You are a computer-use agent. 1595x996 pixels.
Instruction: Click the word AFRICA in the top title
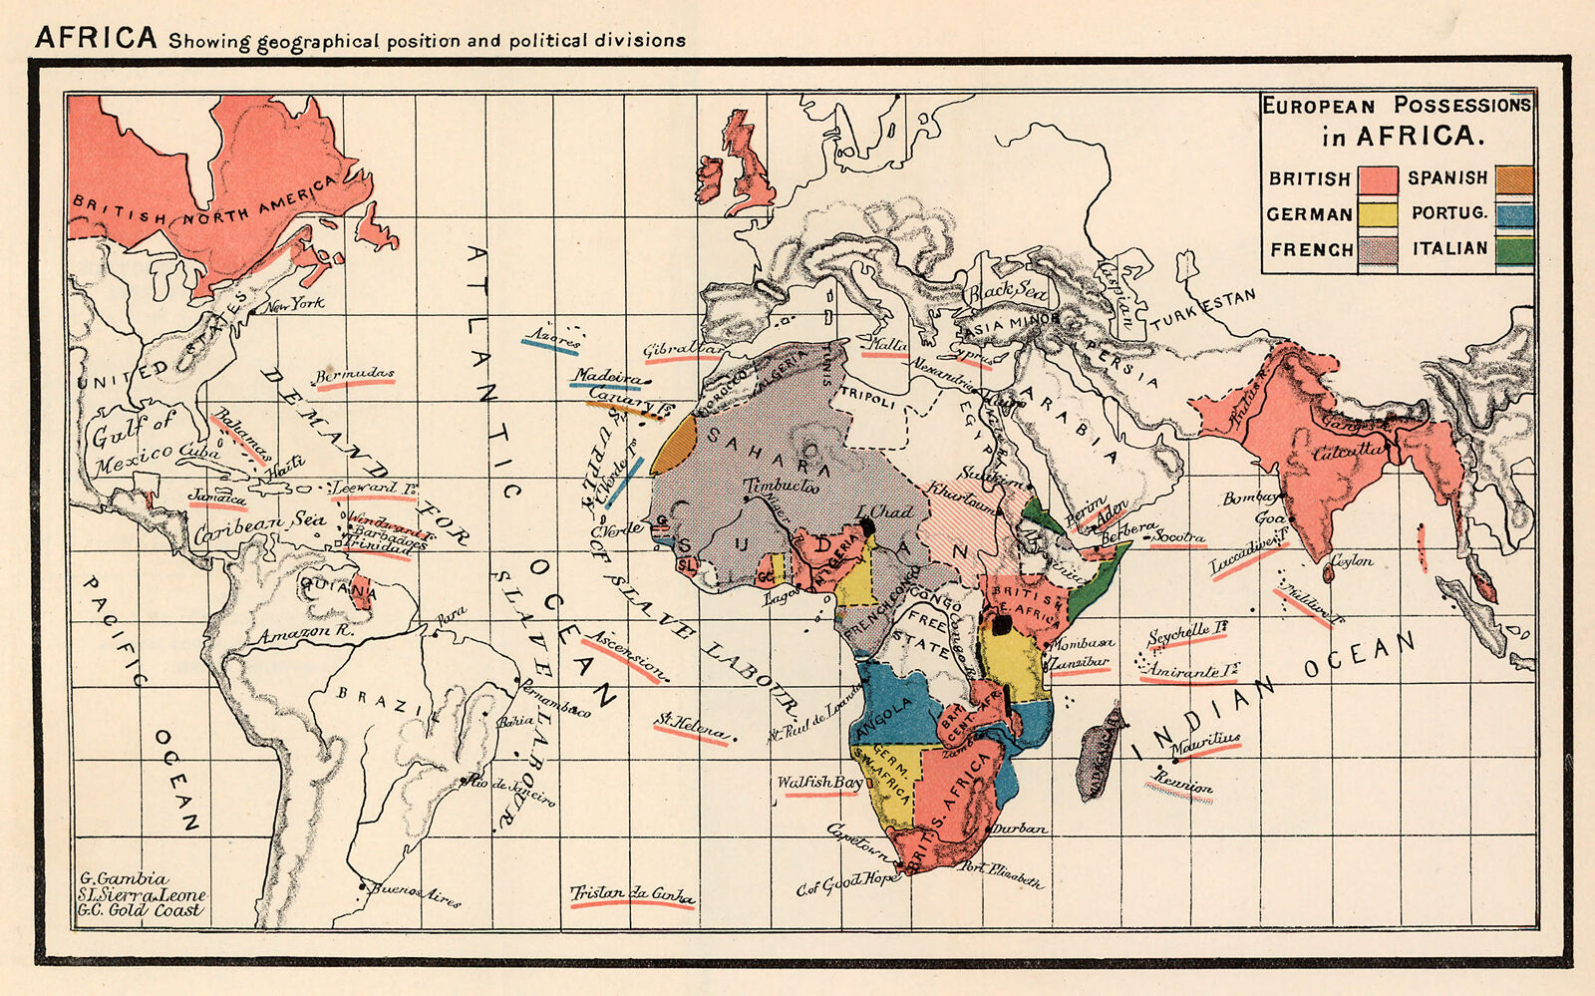pos(96,38)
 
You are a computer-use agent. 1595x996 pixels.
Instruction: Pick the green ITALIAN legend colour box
pos(1514,250)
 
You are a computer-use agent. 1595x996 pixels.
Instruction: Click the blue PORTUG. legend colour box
pos(1514,214)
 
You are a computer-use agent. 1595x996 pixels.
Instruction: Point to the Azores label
pos(553,339)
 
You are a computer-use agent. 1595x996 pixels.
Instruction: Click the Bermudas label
pos(355,376)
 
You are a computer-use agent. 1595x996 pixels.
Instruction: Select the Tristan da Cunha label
pos(631,894)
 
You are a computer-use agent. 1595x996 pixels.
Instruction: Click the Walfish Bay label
pos(818,783)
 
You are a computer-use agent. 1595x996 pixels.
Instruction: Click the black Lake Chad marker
pos(867,526)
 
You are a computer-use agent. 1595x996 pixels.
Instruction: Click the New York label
pos(293,303)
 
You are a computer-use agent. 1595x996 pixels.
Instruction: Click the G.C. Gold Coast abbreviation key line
pos(141,910)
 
